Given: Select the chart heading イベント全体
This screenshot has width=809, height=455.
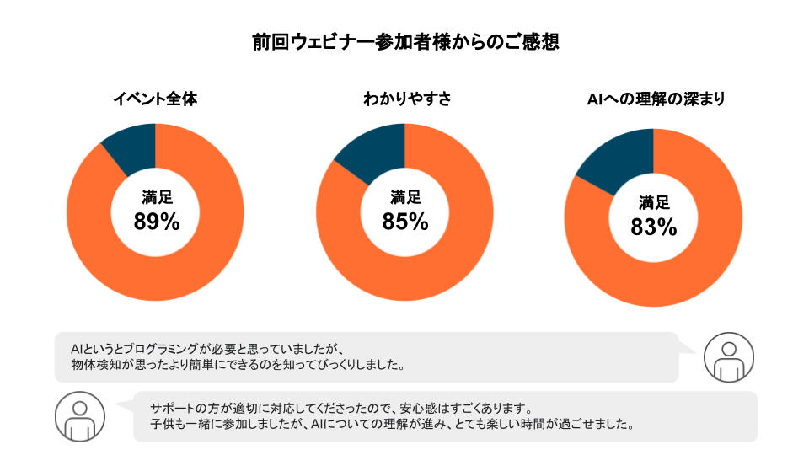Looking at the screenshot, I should pos(155,99).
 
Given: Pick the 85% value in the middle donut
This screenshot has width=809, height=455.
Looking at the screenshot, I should pos(405,222).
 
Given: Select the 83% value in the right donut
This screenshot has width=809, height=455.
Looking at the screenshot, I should pos(654,227).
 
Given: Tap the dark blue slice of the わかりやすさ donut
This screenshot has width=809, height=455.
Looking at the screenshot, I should pos(377,151).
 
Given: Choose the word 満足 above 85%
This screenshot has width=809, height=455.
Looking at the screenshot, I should pos(405,198).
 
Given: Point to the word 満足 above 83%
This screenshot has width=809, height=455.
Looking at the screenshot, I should pos(654,203).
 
